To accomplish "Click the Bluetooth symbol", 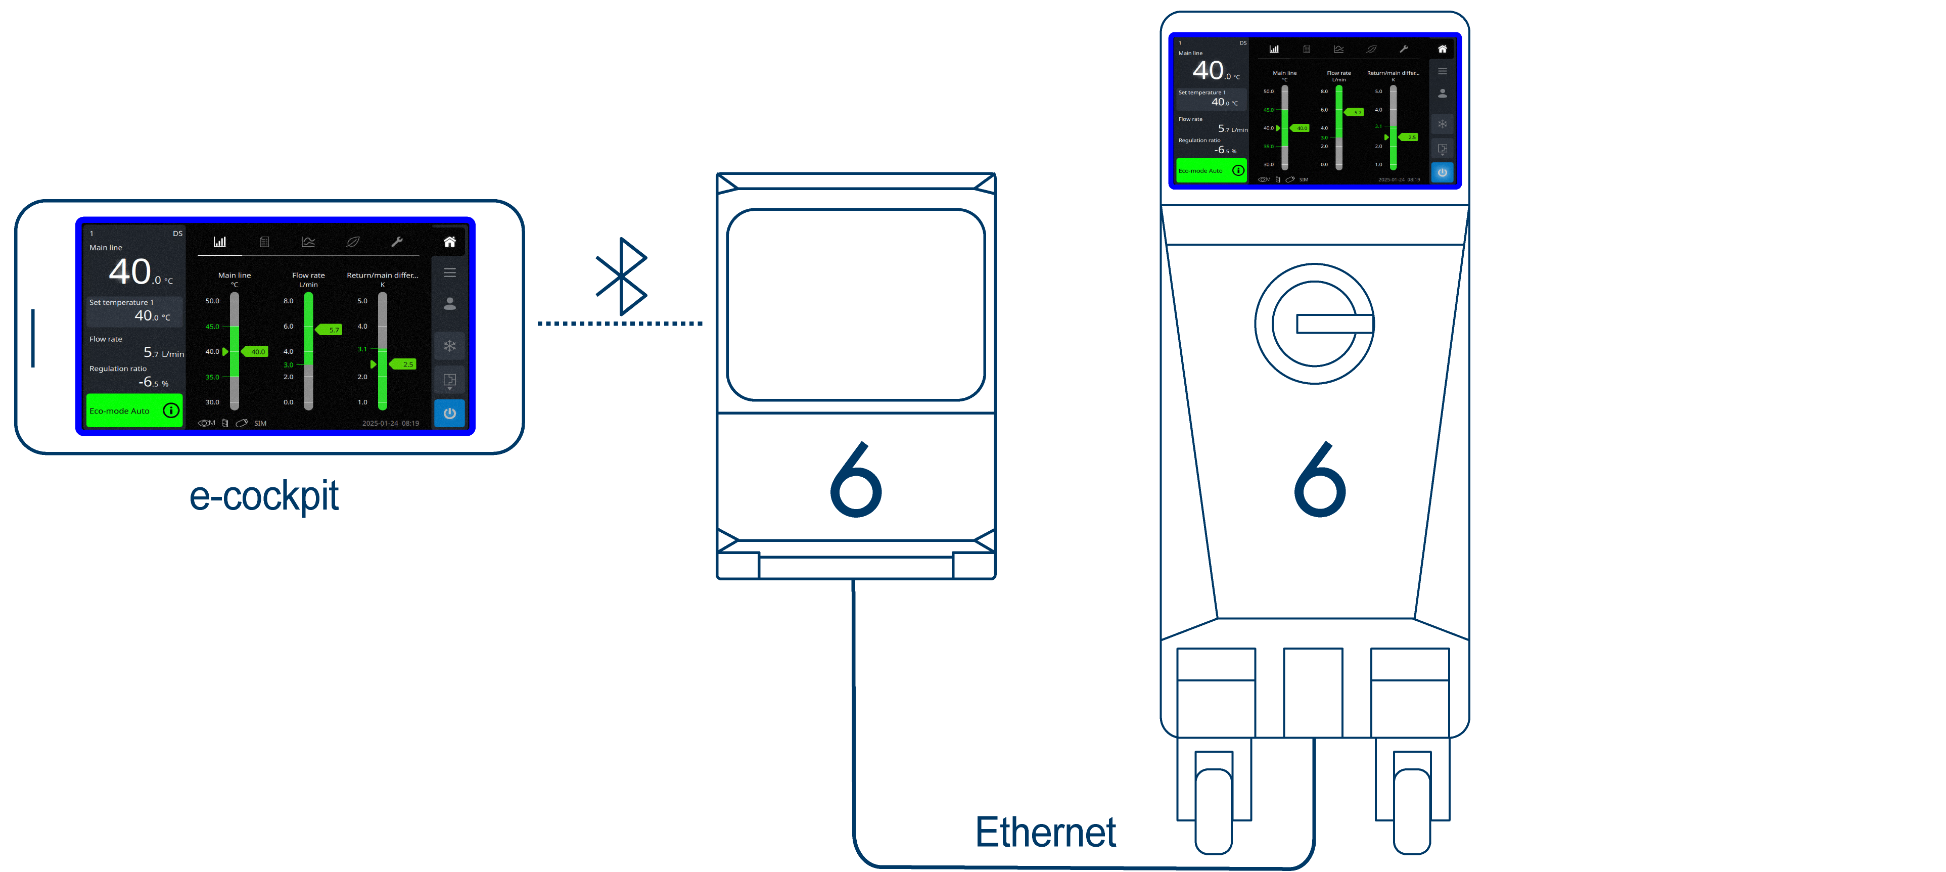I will [x=621, y=277].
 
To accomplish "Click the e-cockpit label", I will [x=264, y=496].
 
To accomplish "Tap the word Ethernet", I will [x=1045, y=832].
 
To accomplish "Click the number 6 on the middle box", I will [x=856, y=481].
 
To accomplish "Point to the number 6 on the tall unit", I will [x=1320, y=481].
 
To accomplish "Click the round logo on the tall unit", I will [x=1315, y=324].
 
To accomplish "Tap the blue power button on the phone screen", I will [x=449, y=414].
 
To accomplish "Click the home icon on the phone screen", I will [x=449, y=242].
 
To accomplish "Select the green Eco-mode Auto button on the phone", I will [x=134, y=411].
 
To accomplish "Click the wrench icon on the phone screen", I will [x=397, y=242].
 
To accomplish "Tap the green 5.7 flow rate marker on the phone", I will [x=330, y=330].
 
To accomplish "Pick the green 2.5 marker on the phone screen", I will [x=404, y=364].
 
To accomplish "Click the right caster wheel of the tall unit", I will [x=1411, y=810].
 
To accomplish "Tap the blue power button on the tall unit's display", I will [x=1442, y=172].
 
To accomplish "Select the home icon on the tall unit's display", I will [x=1442, y=49].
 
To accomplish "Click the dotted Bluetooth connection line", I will [x=620, y=324].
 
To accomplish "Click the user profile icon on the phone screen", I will [x=449, y=304].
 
